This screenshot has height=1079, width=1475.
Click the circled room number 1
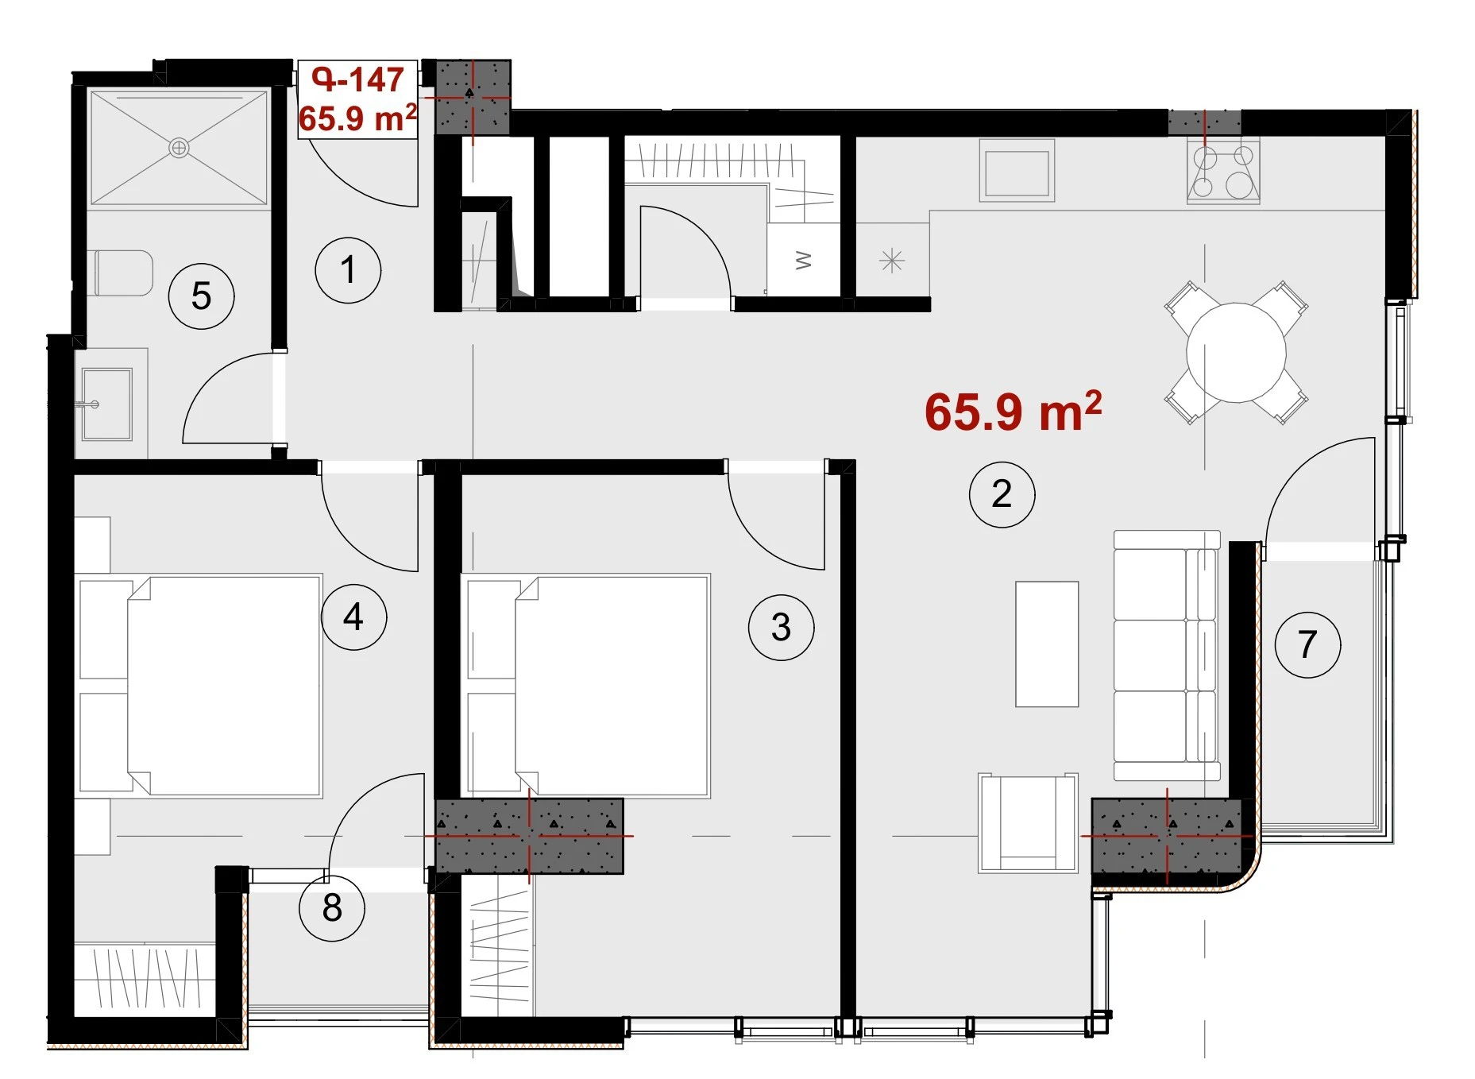[348, 270]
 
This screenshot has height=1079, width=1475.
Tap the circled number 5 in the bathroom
[201, 296]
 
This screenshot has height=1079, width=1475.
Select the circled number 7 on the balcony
[1307, 644]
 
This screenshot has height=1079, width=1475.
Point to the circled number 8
[332, 907]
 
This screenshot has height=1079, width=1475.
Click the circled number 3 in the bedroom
[781, 628]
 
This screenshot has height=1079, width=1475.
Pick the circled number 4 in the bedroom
[353, 617]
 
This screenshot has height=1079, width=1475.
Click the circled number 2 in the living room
[1002, 494]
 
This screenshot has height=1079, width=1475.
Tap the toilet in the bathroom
[123, 273]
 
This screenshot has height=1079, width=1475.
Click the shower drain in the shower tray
[179, 148]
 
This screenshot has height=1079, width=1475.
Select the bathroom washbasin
[106, 404]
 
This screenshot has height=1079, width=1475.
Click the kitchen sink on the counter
[1017, 171]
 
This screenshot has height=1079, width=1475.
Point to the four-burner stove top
[1223, 172]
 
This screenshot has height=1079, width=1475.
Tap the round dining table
[1236, 353]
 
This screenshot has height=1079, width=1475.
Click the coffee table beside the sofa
[1047, 644]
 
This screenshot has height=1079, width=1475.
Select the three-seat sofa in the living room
[1166, 656]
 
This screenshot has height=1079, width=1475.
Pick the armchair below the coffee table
[1028, 823]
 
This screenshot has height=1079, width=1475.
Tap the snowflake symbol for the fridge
[892, 261]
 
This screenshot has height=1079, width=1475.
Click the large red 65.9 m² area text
[1013, 412]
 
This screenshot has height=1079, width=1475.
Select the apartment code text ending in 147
[357, 79]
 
